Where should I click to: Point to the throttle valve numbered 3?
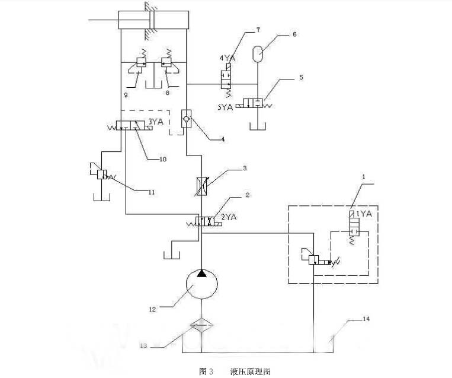202,186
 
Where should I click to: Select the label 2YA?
229,217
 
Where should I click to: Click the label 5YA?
226,107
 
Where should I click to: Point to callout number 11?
152,190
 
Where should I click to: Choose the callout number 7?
258,29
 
